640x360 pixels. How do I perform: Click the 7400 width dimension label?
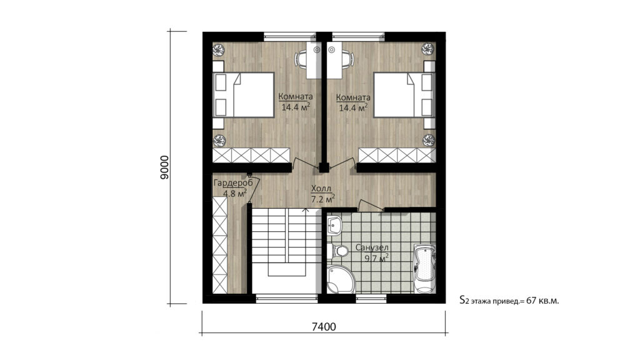[x=324, y=327]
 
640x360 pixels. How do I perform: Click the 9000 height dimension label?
[x=164, y=167]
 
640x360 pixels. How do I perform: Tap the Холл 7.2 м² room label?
[x=323, y=194]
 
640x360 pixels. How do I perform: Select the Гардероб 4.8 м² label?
[x=232, y=187]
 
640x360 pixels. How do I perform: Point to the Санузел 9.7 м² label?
[x=372, y=252]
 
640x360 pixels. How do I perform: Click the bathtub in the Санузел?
[x=424, y=268]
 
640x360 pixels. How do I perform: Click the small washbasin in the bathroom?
[x=334, y=225]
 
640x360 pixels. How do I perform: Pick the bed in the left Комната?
[x=243, y=95]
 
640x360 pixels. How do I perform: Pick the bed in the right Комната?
[x=404, y=95]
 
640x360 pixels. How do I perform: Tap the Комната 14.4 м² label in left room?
[x=296, y=102]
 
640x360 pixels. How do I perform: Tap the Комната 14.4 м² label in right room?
[x=353, y=102]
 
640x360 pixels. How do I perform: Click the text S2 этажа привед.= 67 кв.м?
[x=509, y=301]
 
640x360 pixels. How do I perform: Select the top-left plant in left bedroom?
[x=219, y=50]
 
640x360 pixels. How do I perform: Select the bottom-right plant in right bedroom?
[x=428, y=141]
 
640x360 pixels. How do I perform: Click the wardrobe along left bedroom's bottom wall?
[x=251, y=155]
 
